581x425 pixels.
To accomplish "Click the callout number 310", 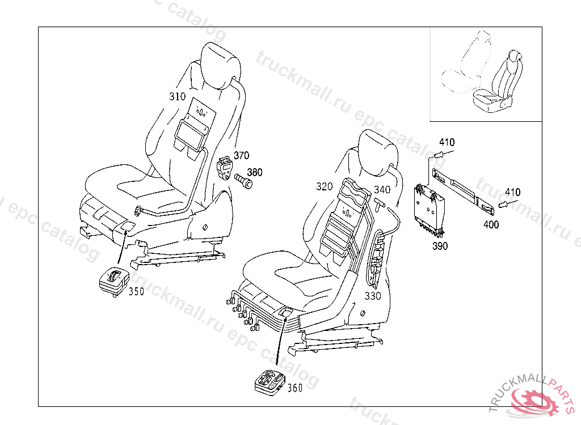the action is tap(178, 96).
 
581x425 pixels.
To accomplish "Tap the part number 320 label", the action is tap(324, 186).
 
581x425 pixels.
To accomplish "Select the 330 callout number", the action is tap(373, 296).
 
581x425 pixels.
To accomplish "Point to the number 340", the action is tap(382, 189).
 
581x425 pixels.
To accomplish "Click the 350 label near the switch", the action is tap(136, 291).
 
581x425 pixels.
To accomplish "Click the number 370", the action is tap(241, 155).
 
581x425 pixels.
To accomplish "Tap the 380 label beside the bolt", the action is tap(255, 172).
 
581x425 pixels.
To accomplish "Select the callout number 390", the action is tap(440, 245).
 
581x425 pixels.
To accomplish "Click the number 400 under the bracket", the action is tap(491, 224).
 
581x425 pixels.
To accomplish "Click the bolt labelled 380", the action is tap(243, 182).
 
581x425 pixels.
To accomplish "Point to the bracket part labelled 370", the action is tap(225, 168).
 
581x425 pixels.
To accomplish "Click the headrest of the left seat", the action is tap(221, 65).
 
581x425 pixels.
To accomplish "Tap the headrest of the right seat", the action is tap(378, 148).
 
